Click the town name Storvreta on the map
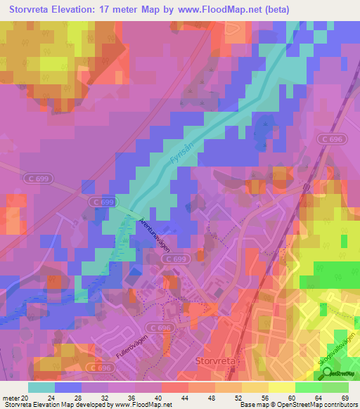pos(213,361)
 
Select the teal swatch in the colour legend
pos(41,387)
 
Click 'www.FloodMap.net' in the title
pos(219,9)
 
